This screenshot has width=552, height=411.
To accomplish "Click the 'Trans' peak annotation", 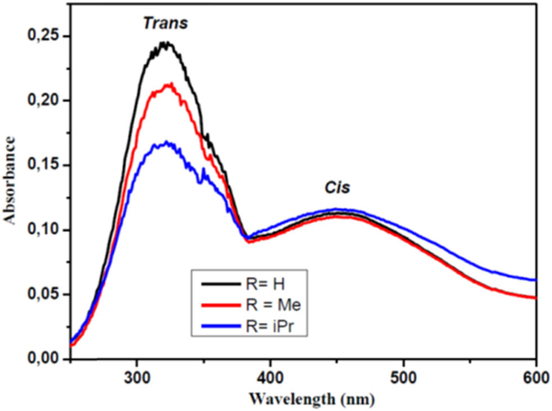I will click(165, 23).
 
